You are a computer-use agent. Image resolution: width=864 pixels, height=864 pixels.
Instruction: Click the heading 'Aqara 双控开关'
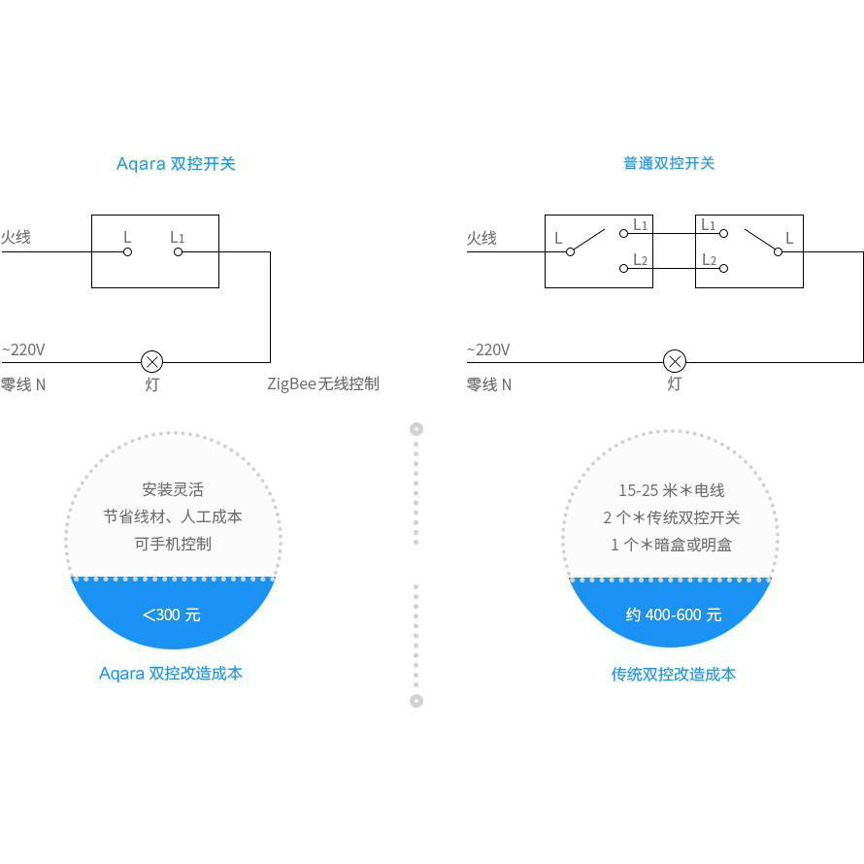point(176,164)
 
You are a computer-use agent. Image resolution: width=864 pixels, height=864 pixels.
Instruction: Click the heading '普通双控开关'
point(669,163)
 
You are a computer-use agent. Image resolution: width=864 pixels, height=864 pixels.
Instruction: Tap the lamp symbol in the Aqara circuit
point(152,362)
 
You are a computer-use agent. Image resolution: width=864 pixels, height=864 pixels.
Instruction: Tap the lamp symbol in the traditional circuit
point(675,362)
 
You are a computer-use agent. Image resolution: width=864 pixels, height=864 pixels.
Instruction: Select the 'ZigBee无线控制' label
point(323,383)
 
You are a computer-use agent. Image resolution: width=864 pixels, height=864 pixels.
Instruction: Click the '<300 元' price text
point(172,615)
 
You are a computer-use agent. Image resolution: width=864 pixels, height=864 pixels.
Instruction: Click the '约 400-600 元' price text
point(674,615)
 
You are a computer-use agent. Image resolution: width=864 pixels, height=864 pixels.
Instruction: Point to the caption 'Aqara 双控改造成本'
point(171,674)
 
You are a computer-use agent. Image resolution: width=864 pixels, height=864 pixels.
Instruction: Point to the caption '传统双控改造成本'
point(674,674)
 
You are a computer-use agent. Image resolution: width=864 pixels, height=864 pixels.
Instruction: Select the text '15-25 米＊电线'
point(672,490)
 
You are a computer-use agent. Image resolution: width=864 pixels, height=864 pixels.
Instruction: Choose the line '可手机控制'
point(173,544)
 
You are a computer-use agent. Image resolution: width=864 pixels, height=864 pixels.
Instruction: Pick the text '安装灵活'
point(173,489)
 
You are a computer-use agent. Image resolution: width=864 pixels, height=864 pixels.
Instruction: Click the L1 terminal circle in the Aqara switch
point(178,251)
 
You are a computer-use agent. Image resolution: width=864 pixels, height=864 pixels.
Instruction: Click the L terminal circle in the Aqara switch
point(127,251)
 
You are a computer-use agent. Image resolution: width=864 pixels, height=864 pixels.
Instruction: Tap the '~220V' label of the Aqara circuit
point(23,349)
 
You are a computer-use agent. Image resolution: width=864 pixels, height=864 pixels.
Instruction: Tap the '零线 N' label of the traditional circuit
point(488,384)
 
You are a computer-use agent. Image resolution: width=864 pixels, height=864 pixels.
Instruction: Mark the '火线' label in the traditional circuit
point(482,238)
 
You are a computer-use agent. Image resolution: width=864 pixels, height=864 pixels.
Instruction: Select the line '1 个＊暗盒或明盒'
point(672,545)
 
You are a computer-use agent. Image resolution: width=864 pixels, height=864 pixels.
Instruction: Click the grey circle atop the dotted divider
point(416,429)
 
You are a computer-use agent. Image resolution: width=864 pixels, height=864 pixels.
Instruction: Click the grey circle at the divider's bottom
point(416,701)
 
